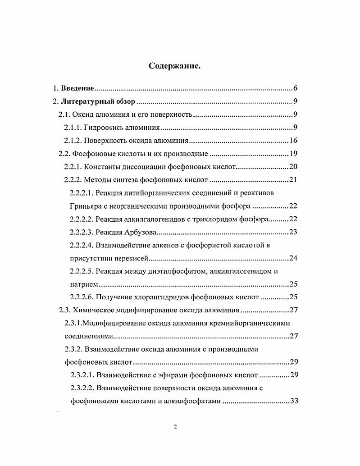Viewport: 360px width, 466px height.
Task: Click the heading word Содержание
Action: tap(174, 66)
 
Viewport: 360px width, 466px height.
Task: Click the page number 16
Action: tap(292, 141)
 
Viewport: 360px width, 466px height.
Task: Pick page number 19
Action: tap(292, 154)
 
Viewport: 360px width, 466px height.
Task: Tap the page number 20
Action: tap(292, 167)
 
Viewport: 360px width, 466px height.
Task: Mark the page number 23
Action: tap(292, 232)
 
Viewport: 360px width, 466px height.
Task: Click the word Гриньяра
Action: tap(86, 206)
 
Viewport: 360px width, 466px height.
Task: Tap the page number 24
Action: tap(292, 258)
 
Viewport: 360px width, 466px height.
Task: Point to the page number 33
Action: tap(292, 402)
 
